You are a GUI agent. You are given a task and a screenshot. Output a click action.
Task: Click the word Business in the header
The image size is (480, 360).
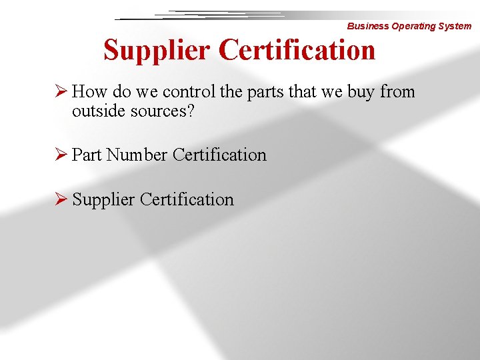tap(368, 27)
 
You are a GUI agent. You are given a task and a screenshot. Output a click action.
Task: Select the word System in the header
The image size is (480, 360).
tap(456, 27)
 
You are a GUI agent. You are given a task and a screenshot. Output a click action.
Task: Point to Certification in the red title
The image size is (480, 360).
tap(297, 50)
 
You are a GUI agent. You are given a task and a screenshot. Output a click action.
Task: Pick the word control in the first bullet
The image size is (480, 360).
tap(190, 91)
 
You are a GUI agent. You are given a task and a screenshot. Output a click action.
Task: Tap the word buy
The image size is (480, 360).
tap(361, 92)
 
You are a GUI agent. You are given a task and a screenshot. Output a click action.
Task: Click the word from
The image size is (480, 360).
tap(398, 91)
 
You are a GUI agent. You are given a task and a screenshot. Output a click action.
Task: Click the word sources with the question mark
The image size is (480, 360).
tap(161, 111)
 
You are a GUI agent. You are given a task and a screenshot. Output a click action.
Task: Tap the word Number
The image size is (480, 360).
tap(137, 155)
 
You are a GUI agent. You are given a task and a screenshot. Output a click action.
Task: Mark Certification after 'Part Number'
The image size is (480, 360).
tap(219, 155)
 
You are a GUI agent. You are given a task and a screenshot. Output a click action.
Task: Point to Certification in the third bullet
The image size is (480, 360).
tap(187, 199)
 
